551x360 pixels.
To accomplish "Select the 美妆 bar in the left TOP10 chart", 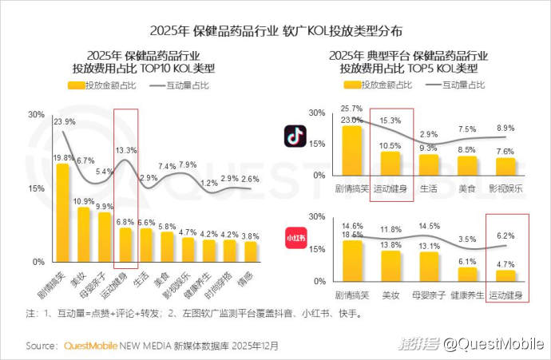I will pyautogui.click(x=84, y=235).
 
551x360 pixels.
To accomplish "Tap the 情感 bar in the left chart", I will pyautogui.click(x=251, y=251).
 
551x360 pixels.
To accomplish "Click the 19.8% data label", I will pyautogui.click(x=64, y=158).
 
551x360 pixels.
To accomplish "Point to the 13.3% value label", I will pyautogui.click(x=126, y=150).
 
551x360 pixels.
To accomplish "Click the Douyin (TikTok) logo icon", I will pyautogui.click(x=295, y=136).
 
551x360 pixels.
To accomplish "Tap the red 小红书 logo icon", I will pyautogui.click(x=295, y=237).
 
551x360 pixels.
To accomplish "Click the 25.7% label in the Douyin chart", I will pyautogui.click(x=352, y=108).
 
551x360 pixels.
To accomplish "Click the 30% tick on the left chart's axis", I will pyautogui.click(x=36, y=115).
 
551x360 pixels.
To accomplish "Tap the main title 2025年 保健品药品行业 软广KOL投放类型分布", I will pyautogui.click(x=275, y=31).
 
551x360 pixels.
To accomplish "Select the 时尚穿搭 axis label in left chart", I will pyautogui.click(x=228, y=282).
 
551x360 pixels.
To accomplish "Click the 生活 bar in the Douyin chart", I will pyautogui.click(x=429, y=164).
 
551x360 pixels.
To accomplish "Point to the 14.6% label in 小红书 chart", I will pyautogui.click(x=352, y=226).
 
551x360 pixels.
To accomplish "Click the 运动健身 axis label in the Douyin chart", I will pyautogui.click(x=391, y=188).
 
